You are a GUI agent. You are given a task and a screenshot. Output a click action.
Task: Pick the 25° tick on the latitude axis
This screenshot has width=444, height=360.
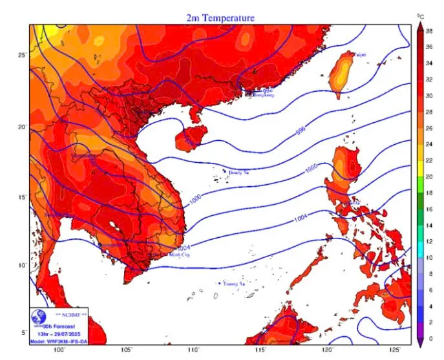(23, 55)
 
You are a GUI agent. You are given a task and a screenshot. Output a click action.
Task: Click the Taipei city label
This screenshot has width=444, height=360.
(359, 56)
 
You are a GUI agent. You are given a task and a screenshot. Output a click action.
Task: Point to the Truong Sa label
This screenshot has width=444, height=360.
(233, 283)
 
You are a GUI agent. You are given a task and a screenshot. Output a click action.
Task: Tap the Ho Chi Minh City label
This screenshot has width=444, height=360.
(171, 255)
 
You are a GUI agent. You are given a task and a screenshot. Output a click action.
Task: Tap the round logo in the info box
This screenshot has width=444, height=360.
(41, 319)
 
